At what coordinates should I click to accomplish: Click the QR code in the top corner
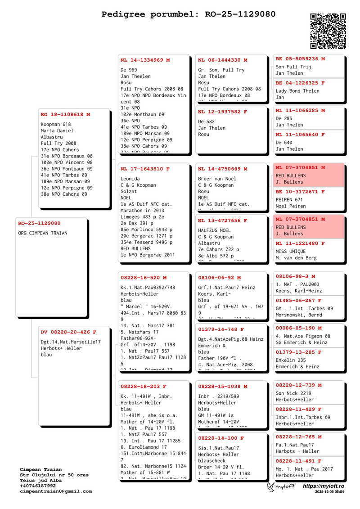pyautogui.click(x=328, y=31)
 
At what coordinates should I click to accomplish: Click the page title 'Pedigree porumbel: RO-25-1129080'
pyautogui.click(x=189, y=14)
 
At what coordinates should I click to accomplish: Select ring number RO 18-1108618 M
pyautogui.click(x=65, y=115)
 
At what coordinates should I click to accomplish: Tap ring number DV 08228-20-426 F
pyautogui.click(x=68, y=332)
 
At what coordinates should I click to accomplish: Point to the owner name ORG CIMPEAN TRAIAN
pyautogui.click(x=43, y=233)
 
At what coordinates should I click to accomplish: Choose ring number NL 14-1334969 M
pyautogui.click(x=145, y=60)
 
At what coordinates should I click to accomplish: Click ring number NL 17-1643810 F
pyautogui.click(x=145, y=169)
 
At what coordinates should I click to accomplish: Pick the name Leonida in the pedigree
pyautogui.click(x=130, y=179)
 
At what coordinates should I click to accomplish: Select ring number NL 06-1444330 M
pyautogui.click(x=222, y=60)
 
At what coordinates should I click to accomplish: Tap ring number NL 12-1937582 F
pyautogui.click(x=222, y=111)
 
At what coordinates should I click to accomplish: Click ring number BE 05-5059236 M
pyautogui.click(x=300, y=59)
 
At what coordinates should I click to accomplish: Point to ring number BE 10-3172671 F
pyautogui.click(x=300, y=192)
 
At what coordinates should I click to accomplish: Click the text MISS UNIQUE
pyautogui.click(x=291, y=252)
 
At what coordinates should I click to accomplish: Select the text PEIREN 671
pyautogui.click(x=289, y=200)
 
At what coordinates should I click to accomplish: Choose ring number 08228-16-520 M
pyautogui.click(x=143, y=278)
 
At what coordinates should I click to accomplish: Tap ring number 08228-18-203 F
pyautogui.click(x=143, y=387)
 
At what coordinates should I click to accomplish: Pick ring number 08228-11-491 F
pyautogui.click(x=298, y=461)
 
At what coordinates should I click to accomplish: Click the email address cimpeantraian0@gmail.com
pyautogui.click(x=56, y=491)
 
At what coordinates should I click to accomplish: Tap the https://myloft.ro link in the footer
pyautogui.click(x=324, y=486)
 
